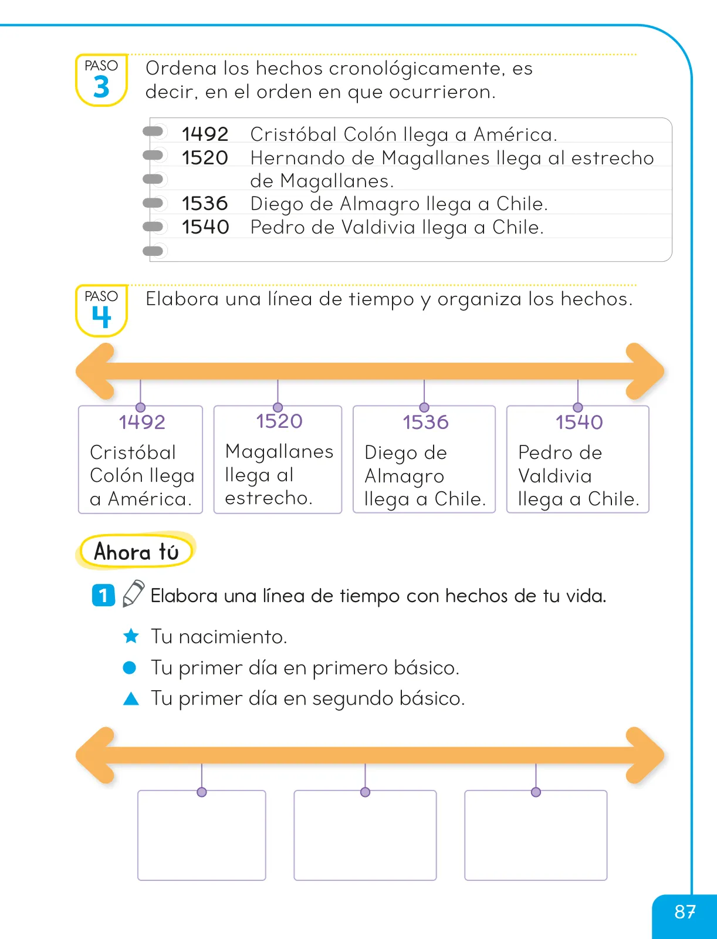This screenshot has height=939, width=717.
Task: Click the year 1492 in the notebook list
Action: (x=205, y=134)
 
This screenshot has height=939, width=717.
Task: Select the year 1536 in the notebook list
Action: (x=205, y=203)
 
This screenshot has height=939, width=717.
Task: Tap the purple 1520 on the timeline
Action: (x=279, y=421)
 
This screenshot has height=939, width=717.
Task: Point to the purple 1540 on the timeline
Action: (x=579, y=422)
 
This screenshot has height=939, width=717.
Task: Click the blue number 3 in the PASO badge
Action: (x=102, y=87)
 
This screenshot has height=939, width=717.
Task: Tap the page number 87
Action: (x=685, y=912)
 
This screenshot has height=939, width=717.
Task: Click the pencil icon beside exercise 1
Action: (x=133, y=593)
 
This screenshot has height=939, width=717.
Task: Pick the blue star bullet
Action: (x=131, y=636)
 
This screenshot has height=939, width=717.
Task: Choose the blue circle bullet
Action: (x=130, y=667)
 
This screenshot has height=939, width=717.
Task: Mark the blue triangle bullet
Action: (x=131, y=698)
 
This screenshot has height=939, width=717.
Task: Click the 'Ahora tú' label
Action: (x=136, y=552)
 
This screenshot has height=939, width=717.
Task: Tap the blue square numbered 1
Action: (x=103, y=595)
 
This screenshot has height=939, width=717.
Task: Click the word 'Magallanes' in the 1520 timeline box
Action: (x=279, y=452)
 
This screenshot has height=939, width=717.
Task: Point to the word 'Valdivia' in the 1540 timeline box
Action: (x=555, y=476)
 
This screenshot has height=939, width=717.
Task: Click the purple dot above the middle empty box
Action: (x=365, y=792)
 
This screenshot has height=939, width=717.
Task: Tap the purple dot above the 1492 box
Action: (x=140, y=407)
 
